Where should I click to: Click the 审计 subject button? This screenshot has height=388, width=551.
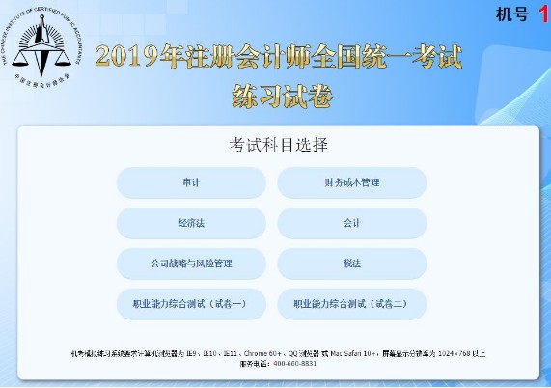pos(190,182)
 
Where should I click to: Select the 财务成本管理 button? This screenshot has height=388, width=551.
pos(351,182)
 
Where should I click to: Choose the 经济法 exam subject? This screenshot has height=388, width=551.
pos(190,223)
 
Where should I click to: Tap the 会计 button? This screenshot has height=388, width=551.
pos(351,223)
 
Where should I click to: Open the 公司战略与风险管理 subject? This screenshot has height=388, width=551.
pos(190,263)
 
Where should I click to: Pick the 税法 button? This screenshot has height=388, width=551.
pos(351,263)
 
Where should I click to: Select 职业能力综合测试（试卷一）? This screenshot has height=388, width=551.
pos(190,303)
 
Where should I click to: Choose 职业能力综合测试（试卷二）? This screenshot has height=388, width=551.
pos(351,303)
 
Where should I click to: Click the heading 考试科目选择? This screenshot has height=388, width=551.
pos(279,146)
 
